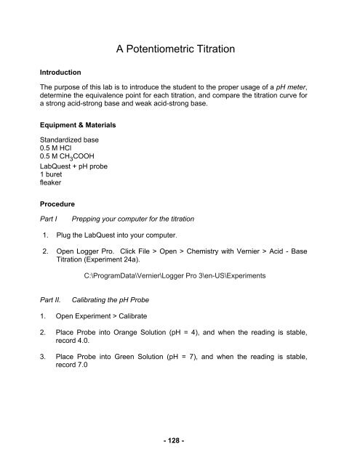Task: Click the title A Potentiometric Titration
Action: pyautogui.click(x=180, y=49)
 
